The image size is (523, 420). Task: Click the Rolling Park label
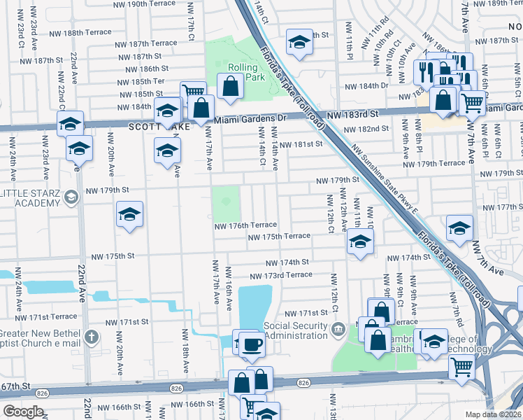[246, 72]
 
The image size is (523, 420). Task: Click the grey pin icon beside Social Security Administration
[338, 328]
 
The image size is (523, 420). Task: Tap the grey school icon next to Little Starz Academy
[70, 198]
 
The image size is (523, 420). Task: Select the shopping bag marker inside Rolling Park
[230, 87]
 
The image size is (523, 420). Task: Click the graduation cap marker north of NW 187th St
[299, 42]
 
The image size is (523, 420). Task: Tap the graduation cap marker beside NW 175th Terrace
[359, 241]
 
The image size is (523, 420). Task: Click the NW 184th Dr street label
[366, 86]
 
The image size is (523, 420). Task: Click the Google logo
[23, 412]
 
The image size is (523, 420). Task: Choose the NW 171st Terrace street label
[44, 316]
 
